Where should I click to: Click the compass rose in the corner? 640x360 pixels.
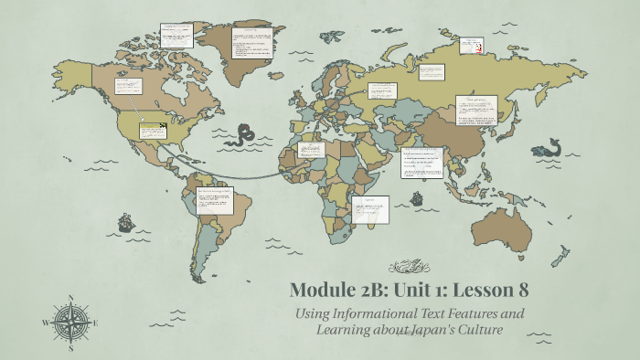[x=69, y=321]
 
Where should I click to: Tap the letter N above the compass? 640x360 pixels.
[x=70, y=297]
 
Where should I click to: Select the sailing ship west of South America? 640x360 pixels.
[x=125, y=222]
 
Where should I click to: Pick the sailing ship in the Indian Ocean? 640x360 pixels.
[x=417, y=198]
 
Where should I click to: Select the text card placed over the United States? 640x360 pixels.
[x=152, y=131]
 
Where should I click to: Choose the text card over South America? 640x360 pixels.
[x=215, y=200]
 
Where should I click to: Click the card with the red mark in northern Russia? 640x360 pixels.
[x=472, y=45]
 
